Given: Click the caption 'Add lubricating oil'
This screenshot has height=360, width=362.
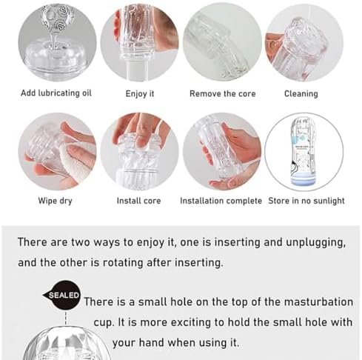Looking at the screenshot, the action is (x=56, y=93).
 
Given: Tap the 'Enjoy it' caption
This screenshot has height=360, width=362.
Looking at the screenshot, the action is (x=140, y=94).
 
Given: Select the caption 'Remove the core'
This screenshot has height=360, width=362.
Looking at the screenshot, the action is (x=223, y=94).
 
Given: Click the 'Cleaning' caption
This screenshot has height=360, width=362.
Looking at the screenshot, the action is (x=301, y=94).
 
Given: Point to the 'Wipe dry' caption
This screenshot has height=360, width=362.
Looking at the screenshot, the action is (x=55, y=201).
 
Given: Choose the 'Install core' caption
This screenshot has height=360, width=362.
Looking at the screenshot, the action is (x=138, y=201).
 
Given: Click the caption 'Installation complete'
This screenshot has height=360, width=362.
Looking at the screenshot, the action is (x=221, y=201).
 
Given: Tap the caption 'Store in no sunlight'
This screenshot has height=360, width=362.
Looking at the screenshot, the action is (x=306, y=201).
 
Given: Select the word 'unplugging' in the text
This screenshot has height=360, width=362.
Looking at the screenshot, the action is (x=315, y=242).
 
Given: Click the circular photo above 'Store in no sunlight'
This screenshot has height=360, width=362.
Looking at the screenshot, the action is (x=304, y=152).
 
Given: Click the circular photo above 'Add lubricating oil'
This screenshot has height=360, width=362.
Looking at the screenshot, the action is (x=57, y=42).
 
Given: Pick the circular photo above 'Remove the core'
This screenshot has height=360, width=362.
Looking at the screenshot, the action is (x=222, y=42).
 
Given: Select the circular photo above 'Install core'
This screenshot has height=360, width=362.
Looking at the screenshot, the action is (x=139, y=152).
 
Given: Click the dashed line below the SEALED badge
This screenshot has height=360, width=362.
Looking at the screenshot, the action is (x=66, y=319).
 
